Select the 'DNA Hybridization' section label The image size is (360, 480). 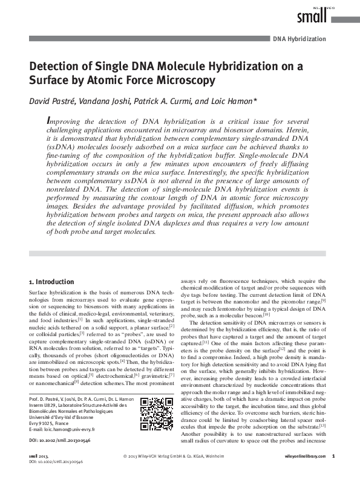pyautogui.click(x=299, y=39)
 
